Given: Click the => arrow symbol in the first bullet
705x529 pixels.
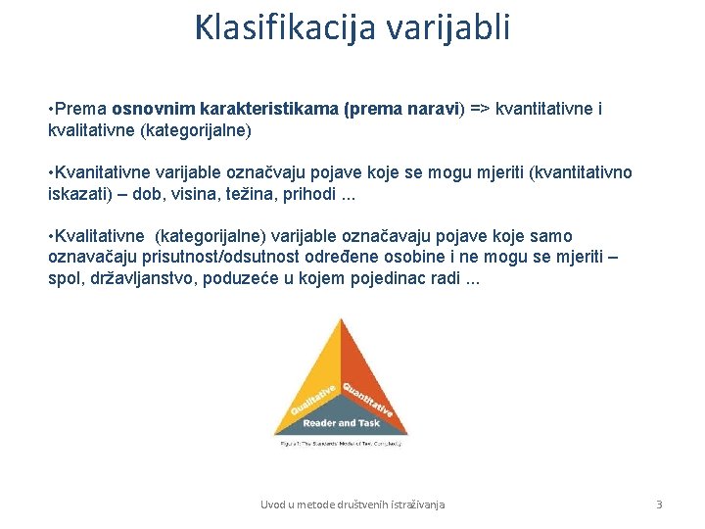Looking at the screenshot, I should click(480, 109).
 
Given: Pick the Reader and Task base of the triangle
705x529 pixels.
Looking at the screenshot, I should click(341, 423).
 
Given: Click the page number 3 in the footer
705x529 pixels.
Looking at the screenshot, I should click(659, 505).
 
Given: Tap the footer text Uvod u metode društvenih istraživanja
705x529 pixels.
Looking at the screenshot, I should click(352, 505).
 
